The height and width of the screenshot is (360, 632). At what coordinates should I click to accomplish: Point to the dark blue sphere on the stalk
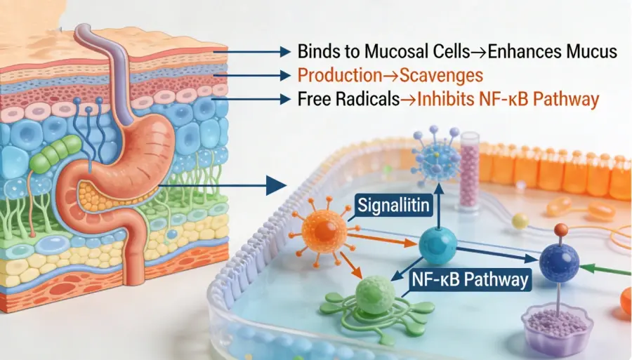point(560,262)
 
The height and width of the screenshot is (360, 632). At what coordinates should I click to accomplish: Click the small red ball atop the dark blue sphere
point(560,229)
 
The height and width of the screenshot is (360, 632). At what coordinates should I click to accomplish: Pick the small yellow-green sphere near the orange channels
point(520,220)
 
